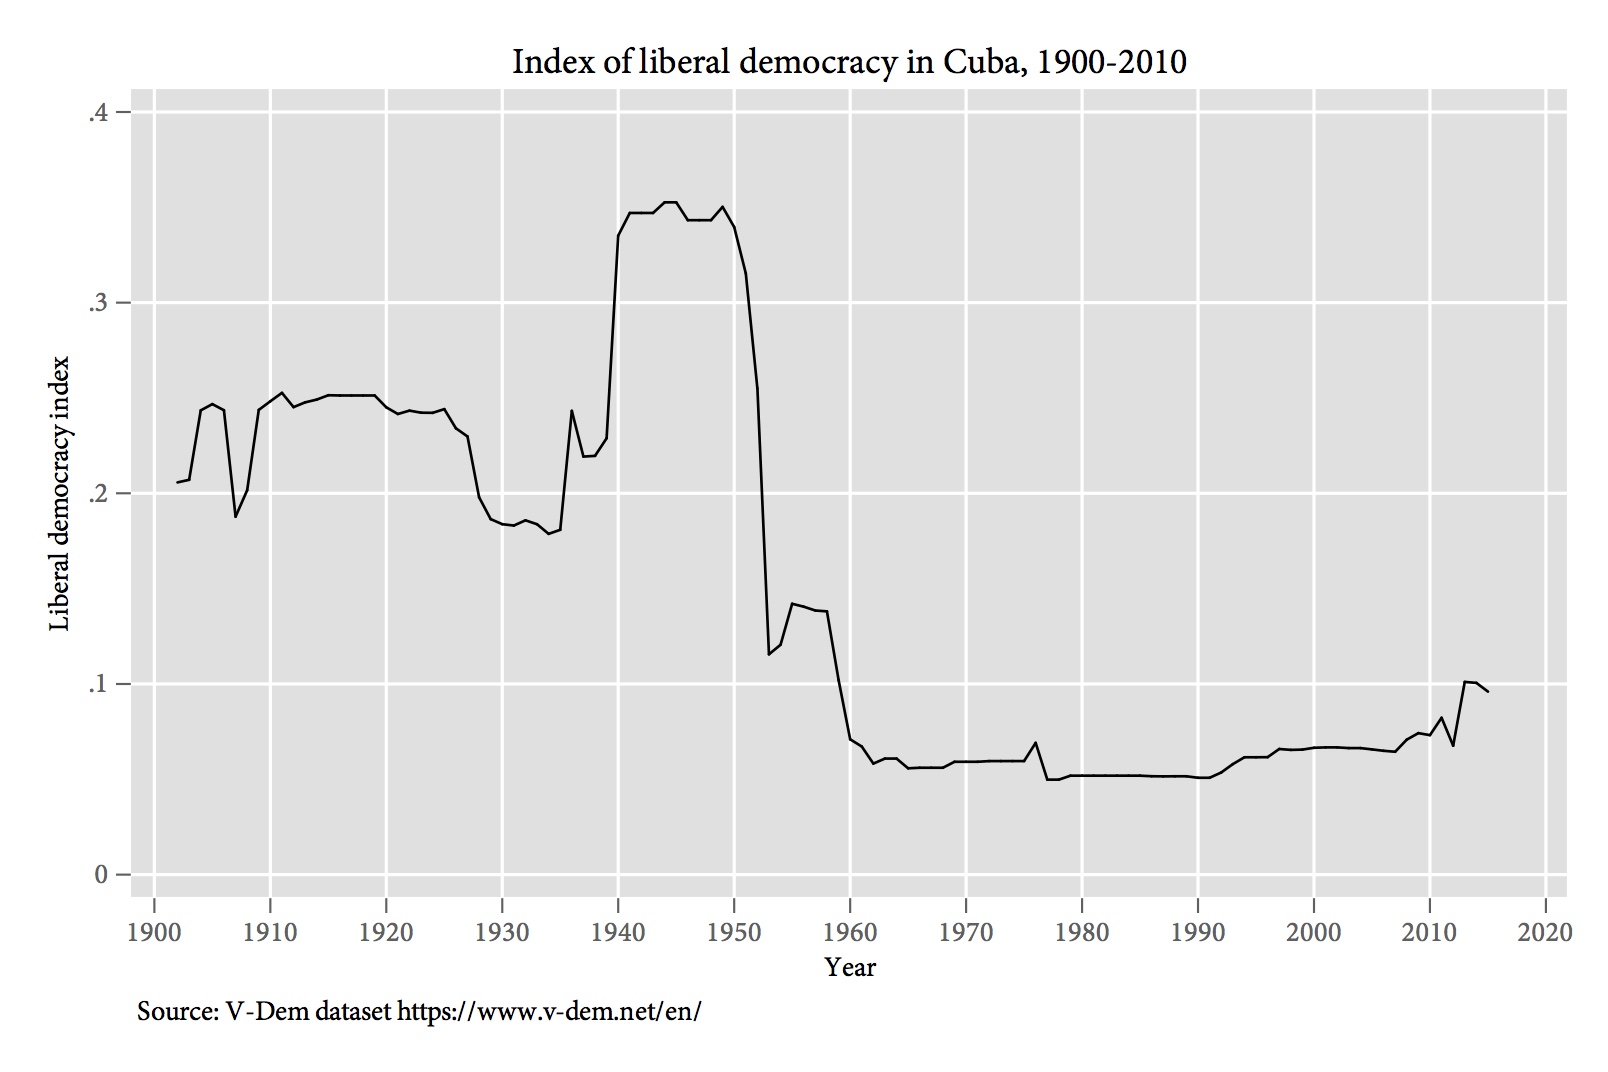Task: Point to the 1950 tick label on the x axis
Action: click(734, 932)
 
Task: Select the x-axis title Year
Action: click(850, 967)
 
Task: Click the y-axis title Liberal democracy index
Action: click(60, 494)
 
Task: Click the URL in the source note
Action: click(549, 1011)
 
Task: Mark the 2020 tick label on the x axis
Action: click(1546, 932)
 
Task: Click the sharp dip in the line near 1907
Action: click(236, 516)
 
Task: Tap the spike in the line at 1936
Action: click(572, 410)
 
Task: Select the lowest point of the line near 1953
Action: click(769, 654)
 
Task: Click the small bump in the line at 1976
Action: click(1036, 742)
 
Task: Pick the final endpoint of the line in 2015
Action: click(1488, 691)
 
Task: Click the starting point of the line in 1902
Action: click(178, 483)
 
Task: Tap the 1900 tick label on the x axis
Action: click(154, 932)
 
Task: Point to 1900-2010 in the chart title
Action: click(1111, 63)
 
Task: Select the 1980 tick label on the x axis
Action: click(1082, 932)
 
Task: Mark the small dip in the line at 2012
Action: click(1453, 745)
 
